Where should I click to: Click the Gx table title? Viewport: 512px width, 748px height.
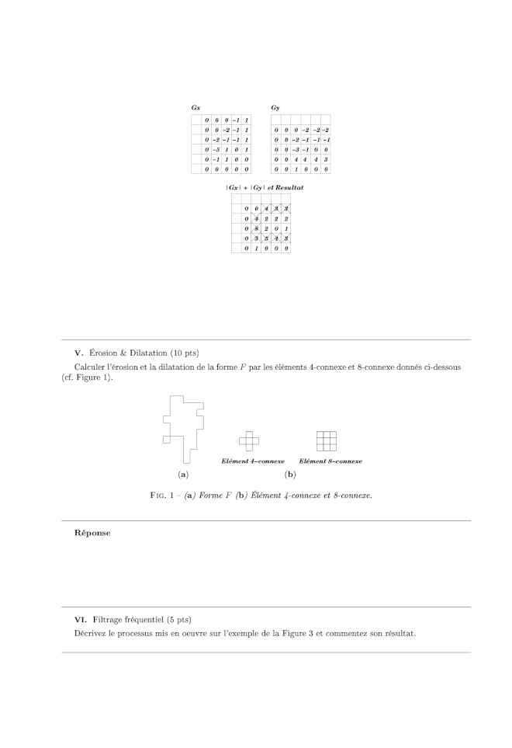pos(196,107)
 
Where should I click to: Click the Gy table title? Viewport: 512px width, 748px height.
pos(275,107)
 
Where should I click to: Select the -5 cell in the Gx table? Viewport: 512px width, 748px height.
pos(216,149)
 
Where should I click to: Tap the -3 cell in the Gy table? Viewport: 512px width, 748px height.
pos(296,149)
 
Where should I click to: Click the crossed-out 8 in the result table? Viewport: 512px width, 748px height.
pos(256,229)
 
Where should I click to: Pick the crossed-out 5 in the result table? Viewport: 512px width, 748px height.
pos(266,239)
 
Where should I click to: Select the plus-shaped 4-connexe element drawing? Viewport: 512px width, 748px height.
pos(249,440)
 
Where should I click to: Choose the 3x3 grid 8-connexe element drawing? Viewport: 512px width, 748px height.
pos(327,440)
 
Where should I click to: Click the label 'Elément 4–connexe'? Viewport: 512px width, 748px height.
pos(253,461)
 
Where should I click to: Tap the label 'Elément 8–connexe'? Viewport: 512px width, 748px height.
pos(330,461)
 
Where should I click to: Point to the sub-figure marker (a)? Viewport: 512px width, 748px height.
pos(183,473)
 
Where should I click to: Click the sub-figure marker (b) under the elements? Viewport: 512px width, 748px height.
pos(290,473)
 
